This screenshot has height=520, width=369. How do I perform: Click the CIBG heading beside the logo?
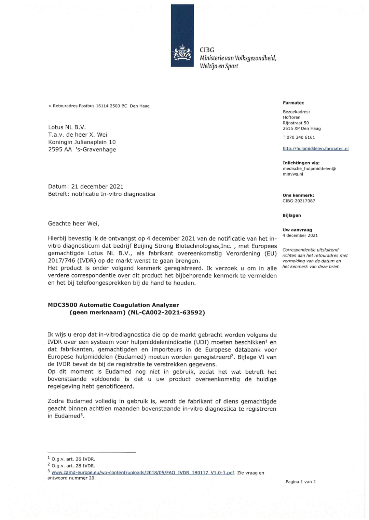(x=207, y=50)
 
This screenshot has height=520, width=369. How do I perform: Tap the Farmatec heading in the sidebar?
(x=293, y=103)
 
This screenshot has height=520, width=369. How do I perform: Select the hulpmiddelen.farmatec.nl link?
(x=315, y=149)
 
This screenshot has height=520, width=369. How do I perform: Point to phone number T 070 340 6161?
(x=299, y=137)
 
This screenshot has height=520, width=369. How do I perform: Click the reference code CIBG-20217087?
(x=299, y=201)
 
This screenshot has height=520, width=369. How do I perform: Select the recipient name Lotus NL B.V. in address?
(x=67, y=127)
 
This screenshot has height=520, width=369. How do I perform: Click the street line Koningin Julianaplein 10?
(x=82, y=142)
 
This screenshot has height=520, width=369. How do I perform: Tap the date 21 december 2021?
(x=97, y=187)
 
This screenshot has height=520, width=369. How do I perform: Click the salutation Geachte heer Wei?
(x=73, y=224)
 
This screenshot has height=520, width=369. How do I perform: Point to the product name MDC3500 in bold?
(x=63, y=305)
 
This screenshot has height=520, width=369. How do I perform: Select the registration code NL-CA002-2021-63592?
(x=166, y=313)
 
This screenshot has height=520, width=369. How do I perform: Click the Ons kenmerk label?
(x=298, y=195)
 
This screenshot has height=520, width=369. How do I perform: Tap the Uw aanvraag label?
(x=297, y=230)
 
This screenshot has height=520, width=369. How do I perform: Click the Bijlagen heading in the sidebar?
(x=291, y=215)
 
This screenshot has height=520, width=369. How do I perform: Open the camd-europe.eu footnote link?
(x=143, y=473)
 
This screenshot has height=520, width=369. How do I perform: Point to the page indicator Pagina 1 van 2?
(x=301, y=482)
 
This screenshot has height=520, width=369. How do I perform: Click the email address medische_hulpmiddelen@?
(x=309, y=168)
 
